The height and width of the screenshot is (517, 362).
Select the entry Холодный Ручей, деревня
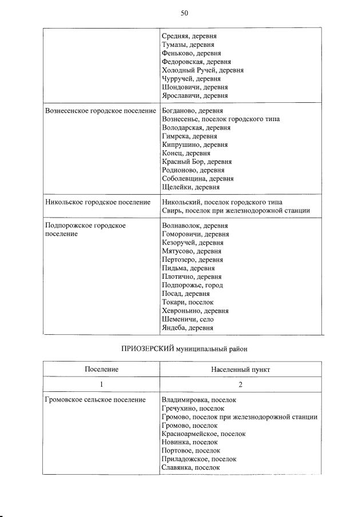coord(202,70)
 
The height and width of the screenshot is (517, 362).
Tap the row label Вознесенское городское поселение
coord(100,110)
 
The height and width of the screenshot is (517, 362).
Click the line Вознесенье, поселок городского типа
coord(221,119)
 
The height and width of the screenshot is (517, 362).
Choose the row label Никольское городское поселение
coord(97,202)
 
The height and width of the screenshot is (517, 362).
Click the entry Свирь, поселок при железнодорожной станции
coord(236,211)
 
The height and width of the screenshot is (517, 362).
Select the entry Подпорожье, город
coord(192,285)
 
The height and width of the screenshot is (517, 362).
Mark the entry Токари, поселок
coord(188,302)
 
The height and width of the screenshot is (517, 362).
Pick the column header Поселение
coord(101,370)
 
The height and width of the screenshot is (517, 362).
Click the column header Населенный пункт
coord(240,370)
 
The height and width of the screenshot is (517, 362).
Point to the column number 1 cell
coord(101,384)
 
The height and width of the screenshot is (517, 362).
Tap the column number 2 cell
coord(240,384)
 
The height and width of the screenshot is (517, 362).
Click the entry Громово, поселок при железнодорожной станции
coord(240,417)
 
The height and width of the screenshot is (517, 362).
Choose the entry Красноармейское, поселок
coord(204,434)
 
